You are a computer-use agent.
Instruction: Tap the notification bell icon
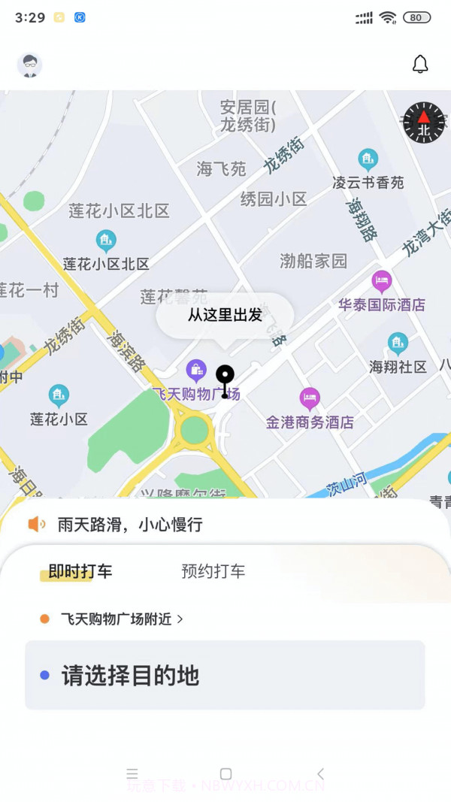click(x=420, y=65)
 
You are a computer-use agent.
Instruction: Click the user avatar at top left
click(x=30, y=65)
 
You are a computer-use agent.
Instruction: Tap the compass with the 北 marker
click(x=424, y=123)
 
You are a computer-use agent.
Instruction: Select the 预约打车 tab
click(x=213, y=571)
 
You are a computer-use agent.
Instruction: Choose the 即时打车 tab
click(x=80, y=571)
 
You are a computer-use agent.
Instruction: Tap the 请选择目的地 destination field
click(x=225, y=675)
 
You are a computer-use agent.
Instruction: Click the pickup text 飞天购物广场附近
click(x=117, y=619)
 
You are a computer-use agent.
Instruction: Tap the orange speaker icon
click(x=37, y=524)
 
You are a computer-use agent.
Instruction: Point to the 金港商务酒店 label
click(x=310, y=422)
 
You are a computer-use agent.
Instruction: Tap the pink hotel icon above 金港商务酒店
click(x=310, y=398)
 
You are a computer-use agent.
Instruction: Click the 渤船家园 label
click(x=313, y=261)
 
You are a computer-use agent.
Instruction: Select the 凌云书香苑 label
click(x=368, y=183)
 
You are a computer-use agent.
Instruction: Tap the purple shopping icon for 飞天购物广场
click(x=196, y=369)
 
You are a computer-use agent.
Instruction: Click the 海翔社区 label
click(x=398, y=367)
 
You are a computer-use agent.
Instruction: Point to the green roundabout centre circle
click(x=195, y=431)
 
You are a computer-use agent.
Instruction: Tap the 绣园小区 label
click(x=274, y=199)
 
